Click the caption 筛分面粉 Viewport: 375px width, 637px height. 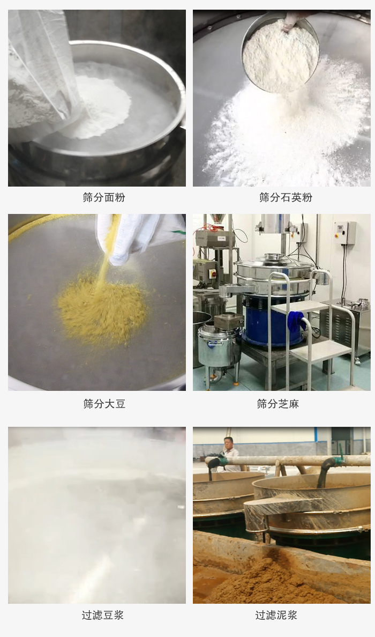pos(104,197)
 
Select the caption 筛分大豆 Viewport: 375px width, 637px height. pos(104,404)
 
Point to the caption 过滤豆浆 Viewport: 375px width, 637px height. pos(102,615)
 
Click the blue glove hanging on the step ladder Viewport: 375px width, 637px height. pos(296,322)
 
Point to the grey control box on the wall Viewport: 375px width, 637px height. pos(344,233)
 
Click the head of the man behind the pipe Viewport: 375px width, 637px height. pos(228,443)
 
